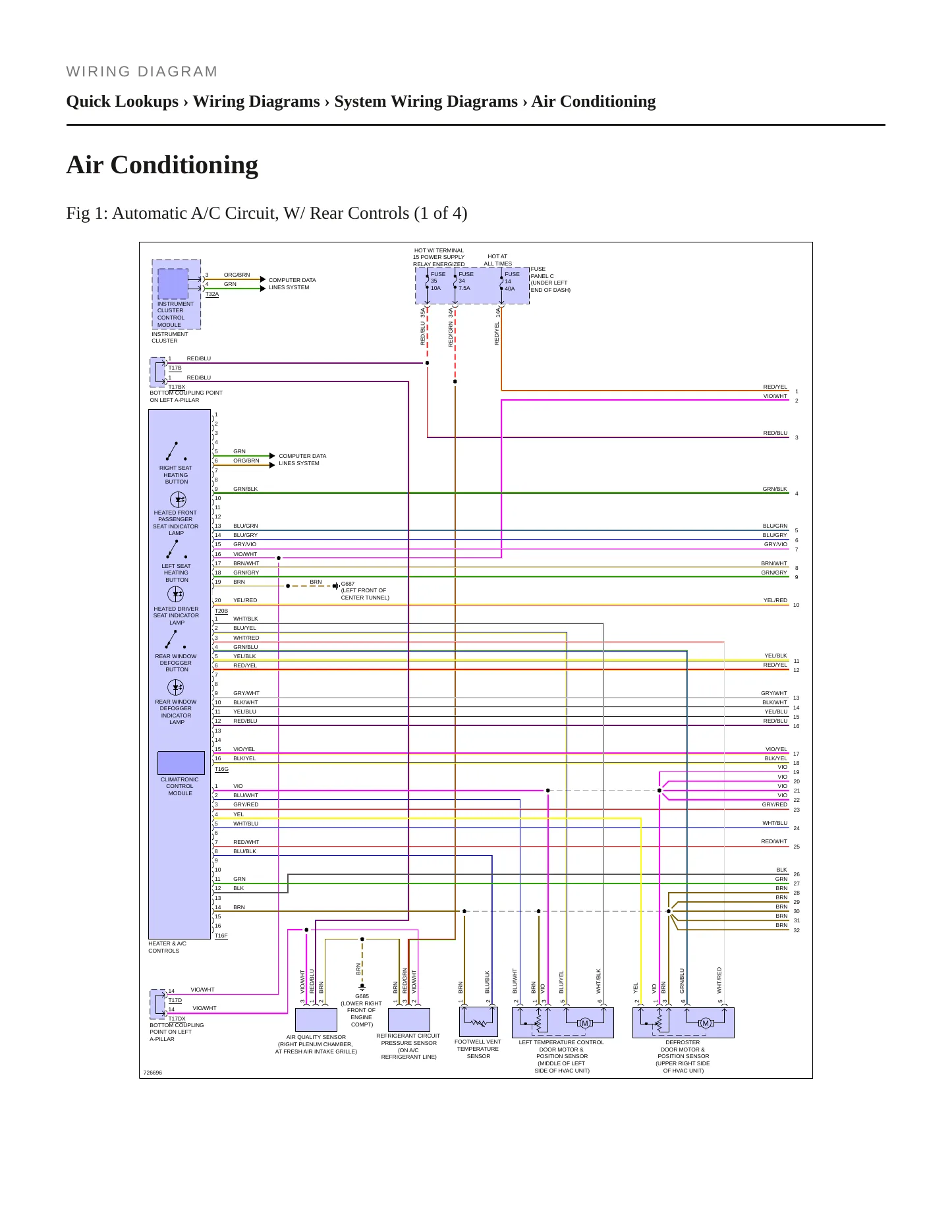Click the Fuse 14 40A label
coord(512,281)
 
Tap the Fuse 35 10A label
coord(437,281)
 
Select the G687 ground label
coord(348,584)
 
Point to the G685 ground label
coord(362,996)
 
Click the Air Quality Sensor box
coord(316,1020)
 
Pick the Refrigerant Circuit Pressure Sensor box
coord(409,1020)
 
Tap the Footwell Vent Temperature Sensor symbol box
coord(478,1021)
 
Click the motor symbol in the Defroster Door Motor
coord(706,1023)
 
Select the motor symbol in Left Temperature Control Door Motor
coord(584,1023)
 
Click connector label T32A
coord(212,294)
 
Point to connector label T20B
coord(221,611)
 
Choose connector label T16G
coord(221,769)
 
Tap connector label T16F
coord(221,936)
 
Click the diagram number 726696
coord(153,1073)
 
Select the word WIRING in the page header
coord(99,72)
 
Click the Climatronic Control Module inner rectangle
coord(181,763)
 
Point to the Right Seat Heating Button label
coord(176,475)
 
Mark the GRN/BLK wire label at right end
coord(775,489)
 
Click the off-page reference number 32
coord(797,930)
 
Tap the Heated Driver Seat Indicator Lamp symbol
coord(176,594)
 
